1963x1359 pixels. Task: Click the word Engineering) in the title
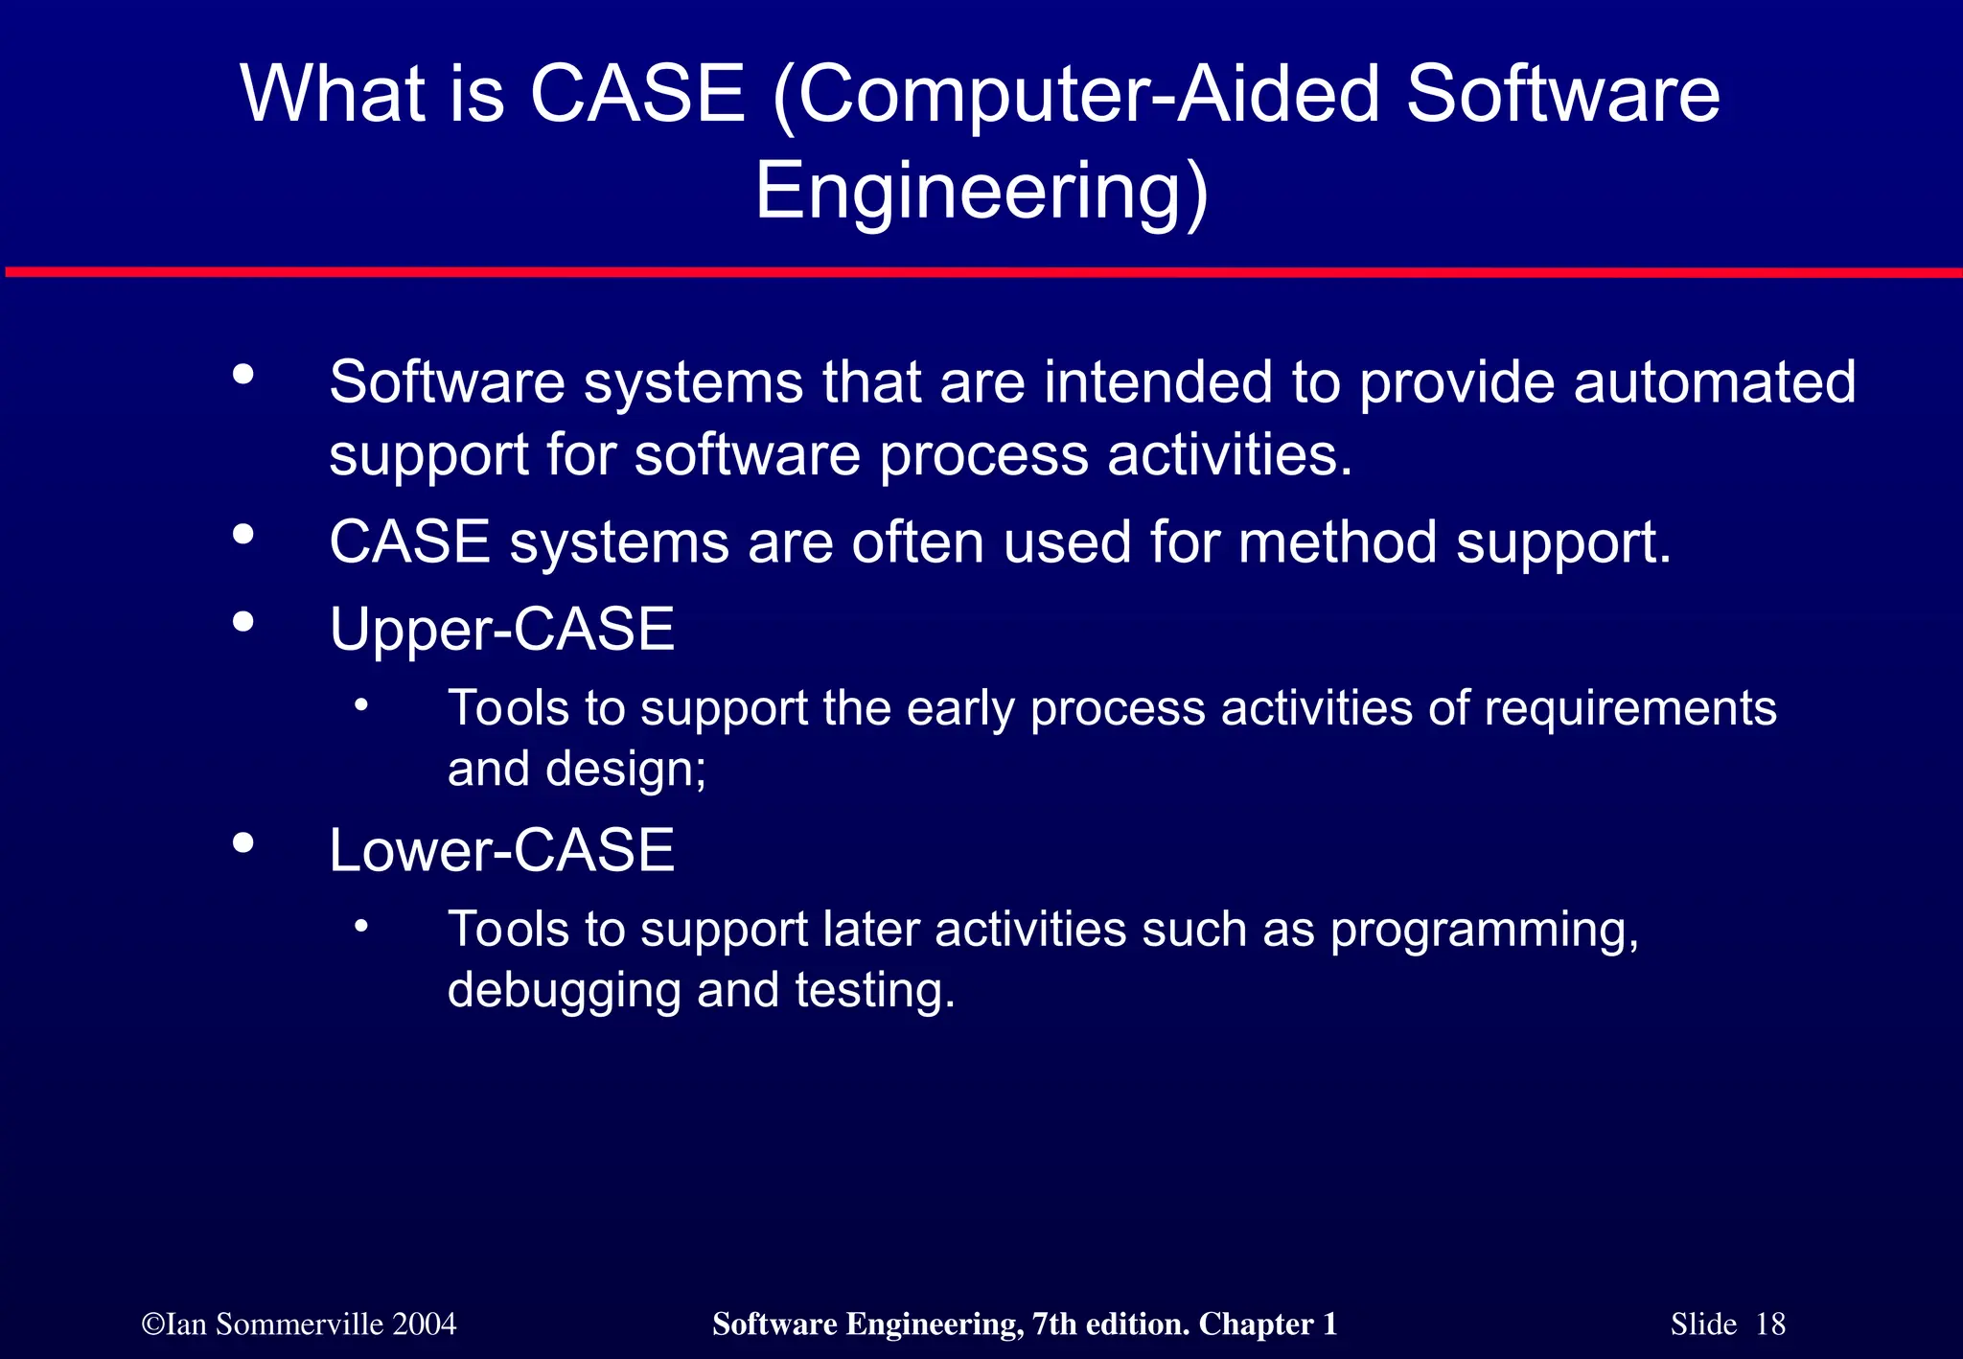coord(981,192)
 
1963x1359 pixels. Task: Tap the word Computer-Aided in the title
coord(1087,94)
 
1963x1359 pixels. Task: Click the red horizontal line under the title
coord(981,273)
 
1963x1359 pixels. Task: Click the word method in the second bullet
coord(1337,542)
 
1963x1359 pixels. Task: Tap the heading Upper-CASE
coord(501,630)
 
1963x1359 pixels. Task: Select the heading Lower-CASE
coord(501,851)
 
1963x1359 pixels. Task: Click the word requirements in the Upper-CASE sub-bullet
coord(1629,710)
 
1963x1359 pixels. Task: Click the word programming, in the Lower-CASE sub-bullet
coord(1484,931)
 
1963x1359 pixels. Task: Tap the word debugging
coord(564,991)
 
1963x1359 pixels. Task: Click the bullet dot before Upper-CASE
coord(243,623)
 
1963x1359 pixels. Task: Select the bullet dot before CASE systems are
coord(243,535)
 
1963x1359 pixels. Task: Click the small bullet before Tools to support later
coord(360,927)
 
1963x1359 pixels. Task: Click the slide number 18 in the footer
coord(1770,1324)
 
